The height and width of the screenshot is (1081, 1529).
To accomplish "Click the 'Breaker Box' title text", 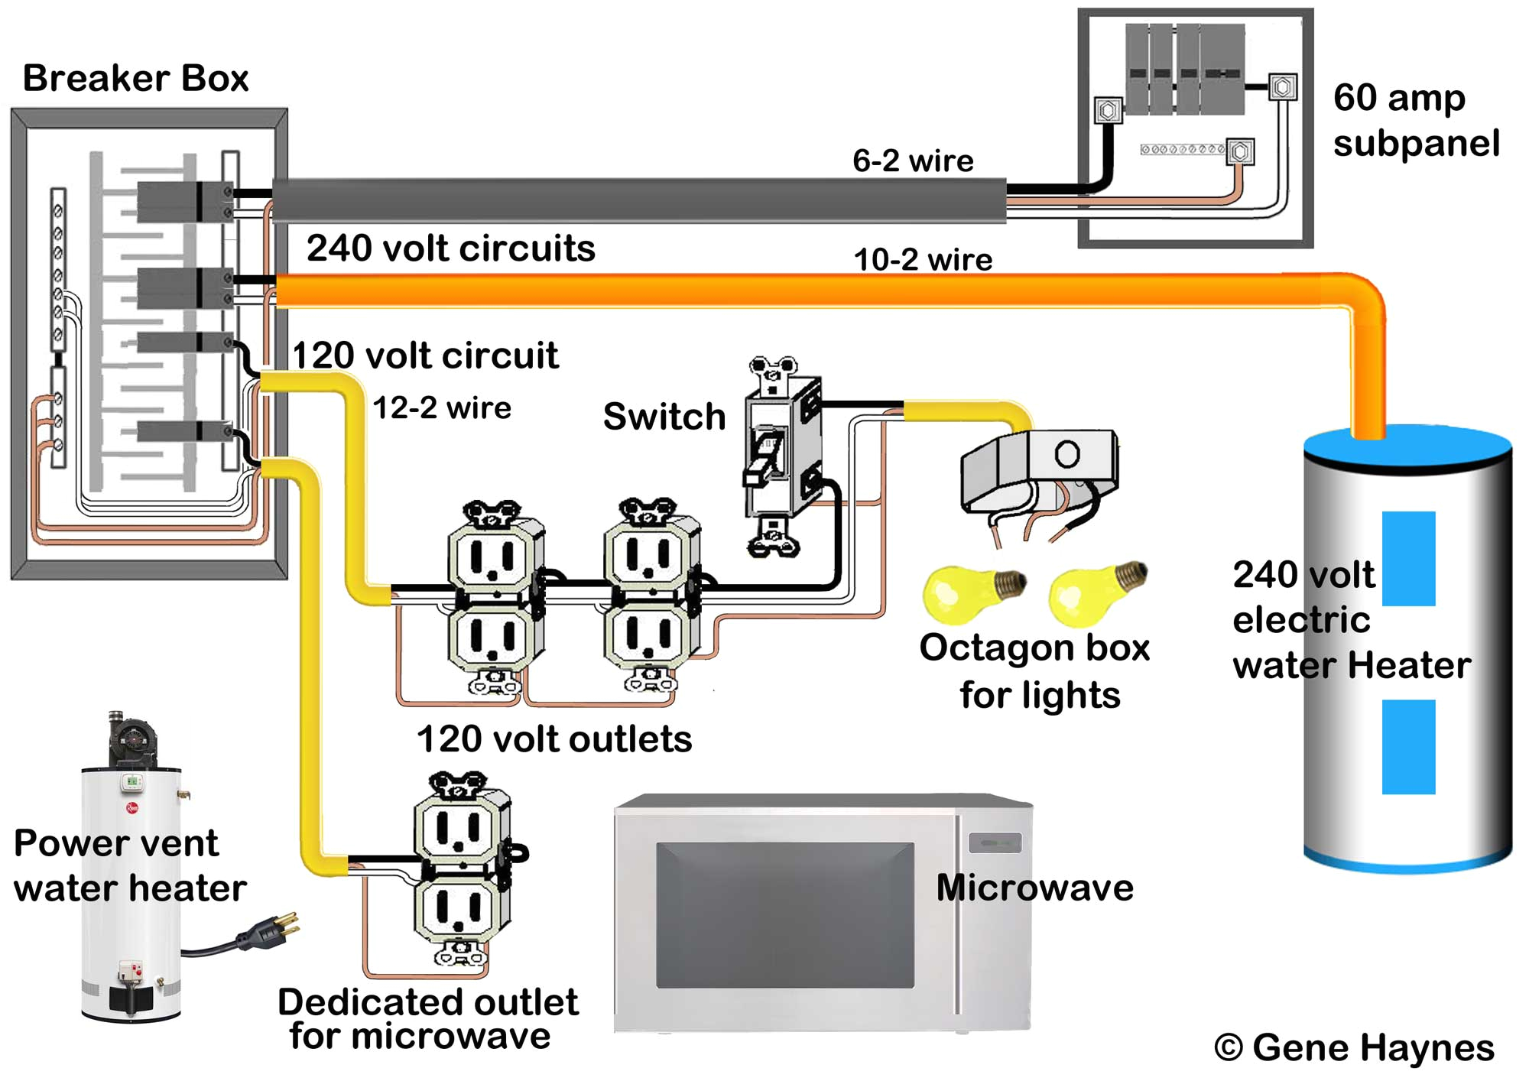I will pyautogui.click(x=135, y=78).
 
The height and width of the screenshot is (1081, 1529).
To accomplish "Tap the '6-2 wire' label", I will pyautogui.click(x=913, y=161).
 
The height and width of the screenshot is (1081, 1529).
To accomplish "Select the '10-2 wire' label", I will pyautogui.click(x=923, y=260).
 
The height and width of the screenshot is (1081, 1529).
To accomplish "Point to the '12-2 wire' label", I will pyautogui.click(x=442, y=408).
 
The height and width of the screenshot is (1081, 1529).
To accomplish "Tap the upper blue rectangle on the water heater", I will pyautogui.click(x=1408, y=558).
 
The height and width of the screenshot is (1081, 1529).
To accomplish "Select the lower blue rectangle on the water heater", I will pyautogui.click(x=1408, y=747).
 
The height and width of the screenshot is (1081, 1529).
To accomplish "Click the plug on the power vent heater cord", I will pyautogui.click(x=269, y=930).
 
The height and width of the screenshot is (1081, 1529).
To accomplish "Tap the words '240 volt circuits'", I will pyautogui.click(x=450, y=248).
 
